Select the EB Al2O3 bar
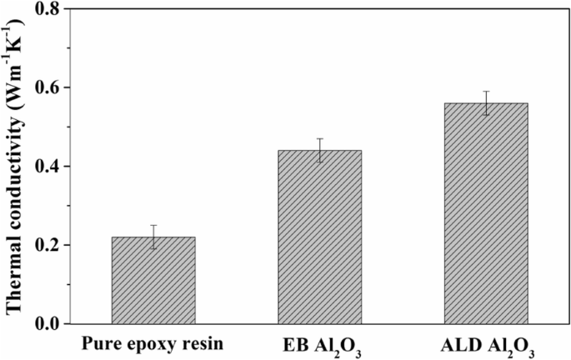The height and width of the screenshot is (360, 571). (319, 237)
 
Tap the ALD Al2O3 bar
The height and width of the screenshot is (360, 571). (486, 213)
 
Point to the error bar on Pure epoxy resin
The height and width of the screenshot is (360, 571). (153, 236)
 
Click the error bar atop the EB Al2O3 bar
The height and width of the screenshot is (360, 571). (319, 150)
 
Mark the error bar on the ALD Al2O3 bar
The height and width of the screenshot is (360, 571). (486, 102)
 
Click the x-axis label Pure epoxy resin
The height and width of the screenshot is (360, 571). (153, 342)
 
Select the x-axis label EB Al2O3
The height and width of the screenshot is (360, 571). (319, 343)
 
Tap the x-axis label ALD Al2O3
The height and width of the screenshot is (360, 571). (486, 343)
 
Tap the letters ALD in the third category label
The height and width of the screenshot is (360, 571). (462, 342)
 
